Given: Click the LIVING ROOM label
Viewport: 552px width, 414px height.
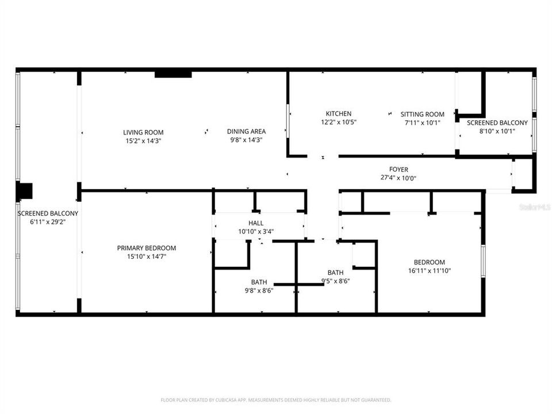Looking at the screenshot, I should (x=143, y=132).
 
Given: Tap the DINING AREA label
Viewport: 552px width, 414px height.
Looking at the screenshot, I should (x=246, y=131).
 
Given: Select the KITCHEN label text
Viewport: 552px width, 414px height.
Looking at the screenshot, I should (x=338, y=114).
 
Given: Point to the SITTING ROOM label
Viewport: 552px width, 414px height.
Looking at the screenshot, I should (x=423, y=114).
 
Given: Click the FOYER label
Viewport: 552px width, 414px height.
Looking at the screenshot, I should (x=398, y=170).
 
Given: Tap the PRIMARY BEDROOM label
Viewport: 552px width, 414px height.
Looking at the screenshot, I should (x=147, y=248).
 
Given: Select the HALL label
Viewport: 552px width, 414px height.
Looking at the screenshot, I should (x=256, y=223).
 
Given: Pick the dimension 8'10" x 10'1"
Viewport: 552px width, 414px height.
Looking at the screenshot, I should (x=497, y=131).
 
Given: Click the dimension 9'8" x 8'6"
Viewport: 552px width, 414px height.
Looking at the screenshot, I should (x=258, y=290).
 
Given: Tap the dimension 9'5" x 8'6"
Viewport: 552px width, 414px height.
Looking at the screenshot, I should (x=335, y=281).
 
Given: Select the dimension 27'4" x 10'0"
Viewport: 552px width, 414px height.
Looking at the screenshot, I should (x=398, y=178).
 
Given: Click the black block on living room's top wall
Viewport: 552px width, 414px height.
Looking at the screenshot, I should (x=173, y=74).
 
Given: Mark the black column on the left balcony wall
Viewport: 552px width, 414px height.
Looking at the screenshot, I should (x=25, y=191).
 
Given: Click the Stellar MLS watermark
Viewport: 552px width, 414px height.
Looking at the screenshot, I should (x=534, y=206).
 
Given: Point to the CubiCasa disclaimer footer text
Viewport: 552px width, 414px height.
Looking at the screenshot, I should (x=276, y=400).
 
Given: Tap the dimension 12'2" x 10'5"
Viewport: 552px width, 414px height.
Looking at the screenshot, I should (x=338, y=122).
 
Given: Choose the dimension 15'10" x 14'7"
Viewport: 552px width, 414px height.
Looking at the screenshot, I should (x=147, y=256).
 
